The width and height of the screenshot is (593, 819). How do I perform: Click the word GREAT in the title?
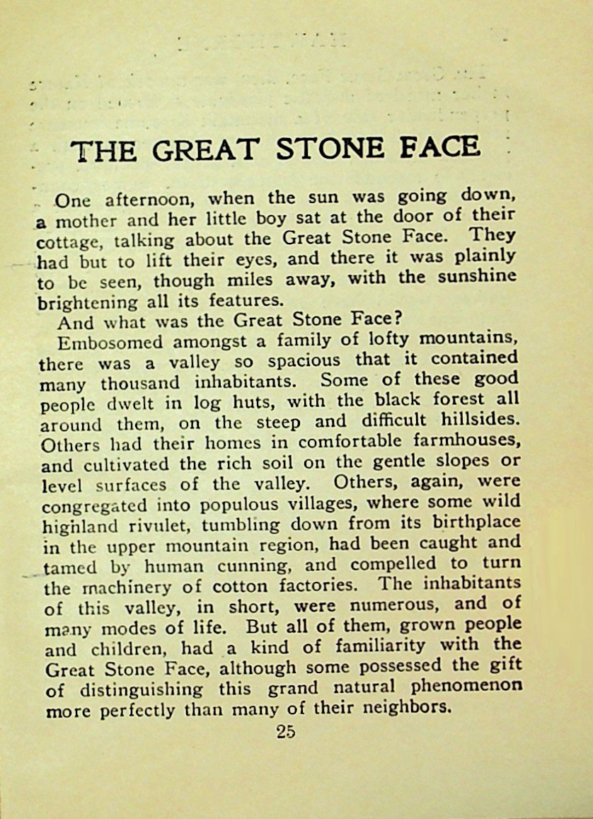point(205,150)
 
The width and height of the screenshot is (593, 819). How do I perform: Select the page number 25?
point(287,731)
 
